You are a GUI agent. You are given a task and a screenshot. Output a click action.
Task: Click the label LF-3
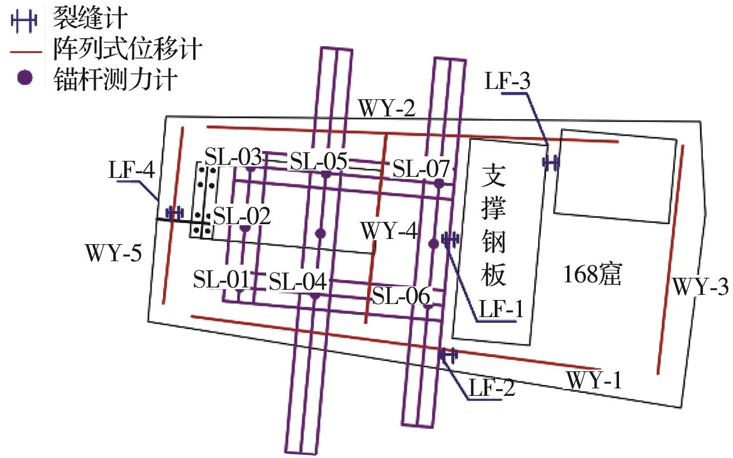(507, 81)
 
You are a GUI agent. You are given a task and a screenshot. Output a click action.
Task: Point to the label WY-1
(593, 380)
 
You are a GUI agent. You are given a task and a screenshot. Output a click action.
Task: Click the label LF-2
(492, 389)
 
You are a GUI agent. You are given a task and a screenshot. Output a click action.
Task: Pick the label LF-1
(501, 310)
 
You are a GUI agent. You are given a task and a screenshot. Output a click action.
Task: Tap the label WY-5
(113, 252)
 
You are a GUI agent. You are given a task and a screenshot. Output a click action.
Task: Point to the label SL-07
(421, 168)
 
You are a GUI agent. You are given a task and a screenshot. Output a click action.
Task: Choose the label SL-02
(242, 217)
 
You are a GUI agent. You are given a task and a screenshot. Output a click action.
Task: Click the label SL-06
(401, 296)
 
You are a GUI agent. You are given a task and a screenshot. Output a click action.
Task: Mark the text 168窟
(591, 275)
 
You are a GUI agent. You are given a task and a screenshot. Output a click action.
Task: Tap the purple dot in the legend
(23, 78)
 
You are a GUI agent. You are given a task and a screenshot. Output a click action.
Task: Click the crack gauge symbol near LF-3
(551, 163)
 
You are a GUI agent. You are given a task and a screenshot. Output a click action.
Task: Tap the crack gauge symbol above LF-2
(449, 355)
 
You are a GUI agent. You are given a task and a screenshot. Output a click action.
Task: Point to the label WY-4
(389, 233)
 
